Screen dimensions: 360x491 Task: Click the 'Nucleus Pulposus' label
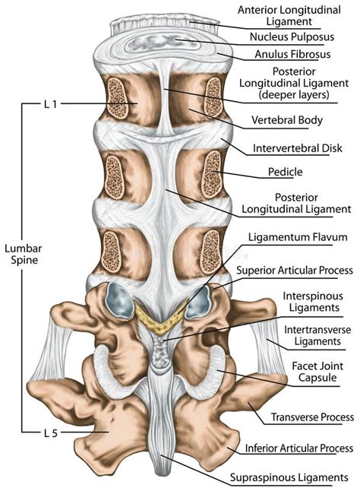point(292,37)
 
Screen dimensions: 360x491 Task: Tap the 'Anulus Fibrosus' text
point(292,54)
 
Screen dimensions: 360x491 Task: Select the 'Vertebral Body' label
point(287,120)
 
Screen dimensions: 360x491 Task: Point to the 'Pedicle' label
point(286,172)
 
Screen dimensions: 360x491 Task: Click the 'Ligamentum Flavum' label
point(298,237)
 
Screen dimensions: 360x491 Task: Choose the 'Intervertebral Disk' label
point(298,148)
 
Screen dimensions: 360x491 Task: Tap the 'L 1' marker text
point(50,104)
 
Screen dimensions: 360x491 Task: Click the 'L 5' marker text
point(50,433)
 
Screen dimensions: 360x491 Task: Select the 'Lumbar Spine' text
point(23,255)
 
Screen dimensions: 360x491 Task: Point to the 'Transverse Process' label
point(312,417)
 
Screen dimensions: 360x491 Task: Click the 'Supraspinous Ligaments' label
point(289,477)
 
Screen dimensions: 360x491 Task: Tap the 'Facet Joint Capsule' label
point(317,372)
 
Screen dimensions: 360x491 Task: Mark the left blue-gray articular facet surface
point(119,300)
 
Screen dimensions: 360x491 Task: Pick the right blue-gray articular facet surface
point(197,303)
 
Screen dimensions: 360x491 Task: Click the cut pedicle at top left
point(118,98)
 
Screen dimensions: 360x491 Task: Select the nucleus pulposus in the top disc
point(163,43)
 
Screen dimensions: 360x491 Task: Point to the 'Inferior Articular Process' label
point(299,448)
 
